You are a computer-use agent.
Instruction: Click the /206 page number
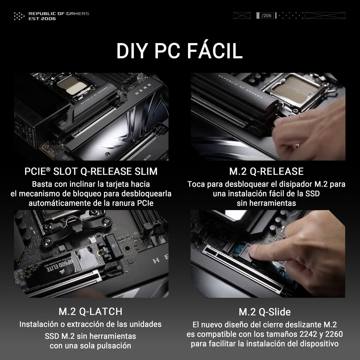point(267,16)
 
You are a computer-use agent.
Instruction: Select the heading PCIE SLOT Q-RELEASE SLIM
point(91,171)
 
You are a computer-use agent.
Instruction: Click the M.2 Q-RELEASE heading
point(266,171)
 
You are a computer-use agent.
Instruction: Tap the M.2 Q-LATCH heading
point(90,311)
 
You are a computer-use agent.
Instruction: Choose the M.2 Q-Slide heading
point(265,312)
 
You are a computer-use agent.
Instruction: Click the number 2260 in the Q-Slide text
point(334,334)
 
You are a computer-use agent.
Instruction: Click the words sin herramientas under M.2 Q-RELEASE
point(266,203)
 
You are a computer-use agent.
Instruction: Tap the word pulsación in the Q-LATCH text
point(114,346)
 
